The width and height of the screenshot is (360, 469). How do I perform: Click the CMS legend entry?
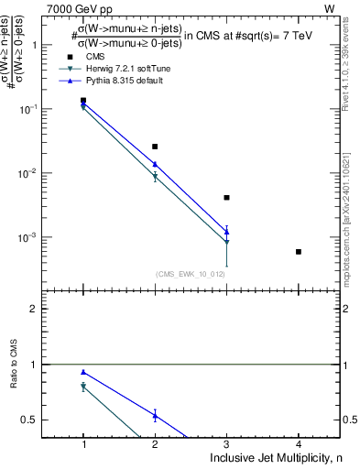[x=94, y=56]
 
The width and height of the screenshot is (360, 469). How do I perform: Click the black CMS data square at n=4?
[x=299, y=252]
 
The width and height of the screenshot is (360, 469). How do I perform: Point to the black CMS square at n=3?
[x=227, y=197]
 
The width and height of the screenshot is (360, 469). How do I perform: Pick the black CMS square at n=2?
[x=155, y=147]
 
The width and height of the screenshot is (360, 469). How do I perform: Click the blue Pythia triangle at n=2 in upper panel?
[x=155, y=164]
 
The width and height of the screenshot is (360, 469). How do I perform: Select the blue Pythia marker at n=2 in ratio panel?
[x=155, y=416]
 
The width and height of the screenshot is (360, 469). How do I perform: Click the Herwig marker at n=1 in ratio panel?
[x=83, y=387]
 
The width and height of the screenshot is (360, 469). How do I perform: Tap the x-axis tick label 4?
[x=299, y=444]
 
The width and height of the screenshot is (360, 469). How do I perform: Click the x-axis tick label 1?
[x=83, y=444]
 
